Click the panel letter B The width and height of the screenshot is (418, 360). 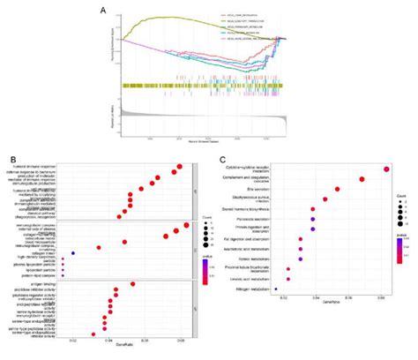tap(11, 161)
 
